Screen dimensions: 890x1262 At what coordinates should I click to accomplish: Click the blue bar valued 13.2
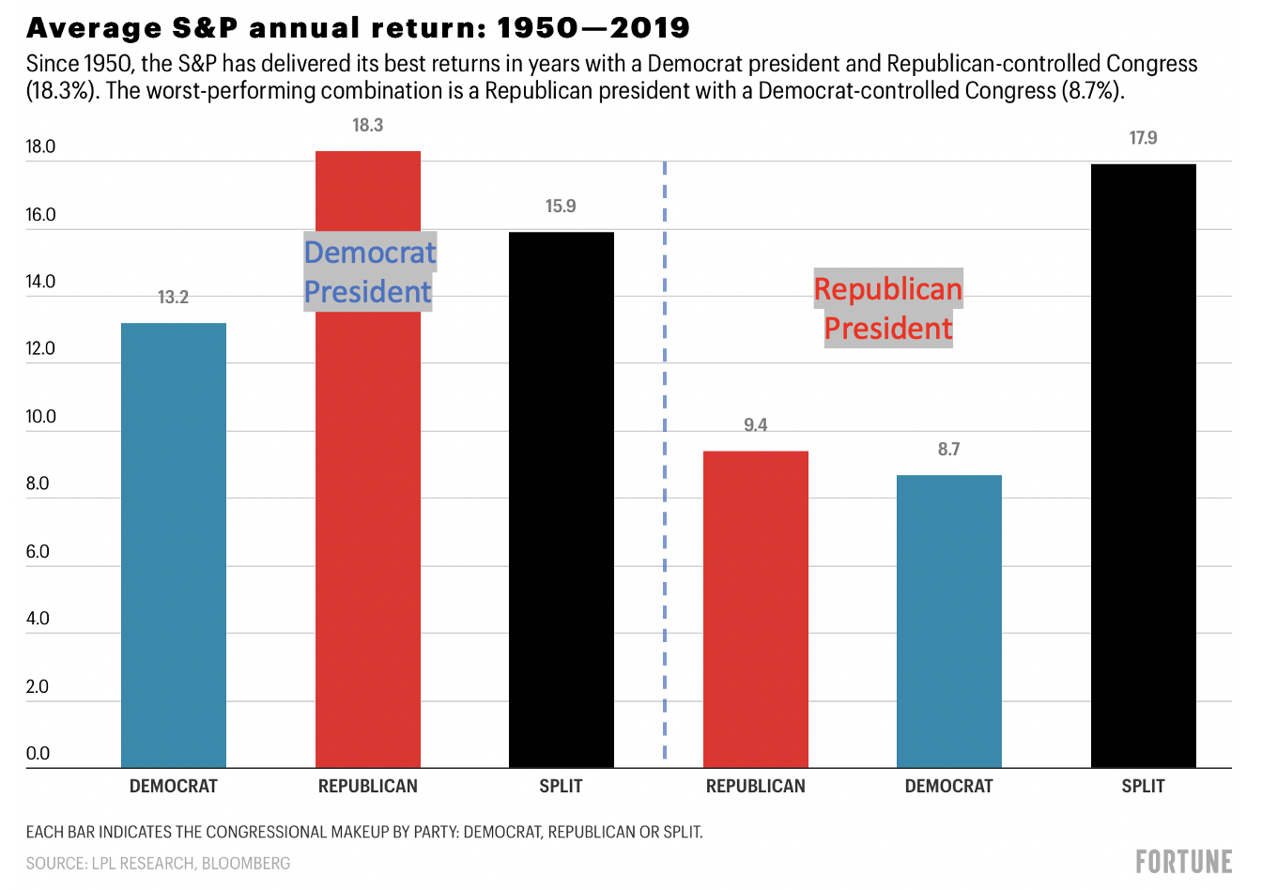click(174, 545)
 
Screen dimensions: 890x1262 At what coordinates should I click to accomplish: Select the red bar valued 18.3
click(368, 526)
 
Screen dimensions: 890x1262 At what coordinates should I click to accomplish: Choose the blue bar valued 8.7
click(949, 621)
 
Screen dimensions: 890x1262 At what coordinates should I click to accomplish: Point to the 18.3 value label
click(368, 126)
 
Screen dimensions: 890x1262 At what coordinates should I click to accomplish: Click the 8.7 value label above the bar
click(949, 450)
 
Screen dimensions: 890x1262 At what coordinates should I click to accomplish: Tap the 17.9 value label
click(1144, 139)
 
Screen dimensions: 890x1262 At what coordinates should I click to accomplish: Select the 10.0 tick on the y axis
click(41, 417)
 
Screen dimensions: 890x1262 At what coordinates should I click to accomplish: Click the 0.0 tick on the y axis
click(38, 754)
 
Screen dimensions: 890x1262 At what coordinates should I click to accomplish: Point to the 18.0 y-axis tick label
click(41, 147)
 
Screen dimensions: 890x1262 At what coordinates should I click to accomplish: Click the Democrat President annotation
click(369, 272)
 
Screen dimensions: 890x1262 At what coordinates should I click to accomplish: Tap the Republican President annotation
click(888, 309)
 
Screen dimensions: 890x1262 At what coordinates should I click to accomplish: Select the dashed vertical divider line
click(665, 469)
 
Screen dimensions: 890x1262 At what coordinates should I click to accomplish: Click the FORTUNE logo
click(1183, 862)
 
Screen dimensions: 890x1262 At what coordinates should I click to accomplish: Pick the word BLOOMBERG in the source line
click(245, 864)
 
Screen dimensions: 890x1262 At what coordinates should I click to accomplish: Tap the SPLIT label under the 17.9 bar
click(1144, 787)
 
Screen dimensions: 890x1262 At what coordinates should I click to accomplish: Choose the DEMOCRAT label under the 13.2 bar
click(174, 787)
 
